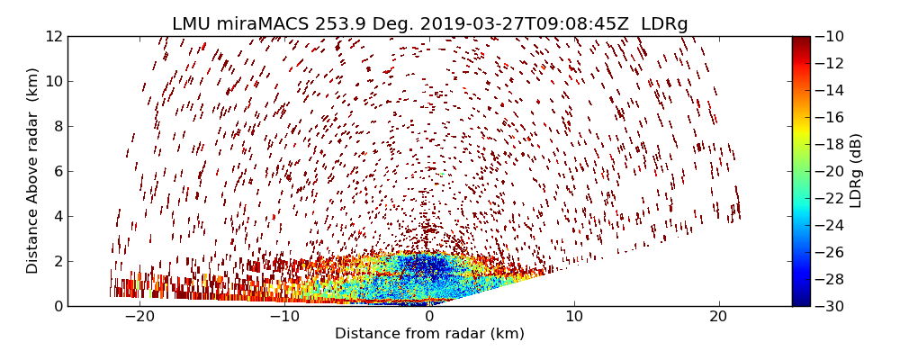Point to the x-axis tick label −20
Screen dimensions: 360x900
click(x=139, y=317)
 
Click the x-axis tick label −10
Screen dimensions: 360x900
click(x=284, y=317)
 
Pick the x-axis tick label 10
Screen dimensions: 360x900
click(x=574, y=317)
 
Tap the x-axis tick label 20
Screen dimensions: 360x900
click(x=718, y=317)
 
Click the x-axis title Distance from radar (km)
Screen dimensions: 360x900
click(x=429, y=334)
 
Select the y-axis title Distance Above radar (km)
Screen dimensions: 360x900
click(x=33, y=170)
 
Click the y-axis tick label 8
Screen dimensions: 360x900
click(x=58, y=127)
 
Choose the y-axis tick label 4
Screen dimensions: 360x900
click(x=58, y=216)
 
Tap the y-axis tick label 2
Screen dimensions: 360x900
click(x=58, y=261)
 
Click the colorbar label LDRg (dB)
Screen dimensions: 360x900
click(x=856, y=170)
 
